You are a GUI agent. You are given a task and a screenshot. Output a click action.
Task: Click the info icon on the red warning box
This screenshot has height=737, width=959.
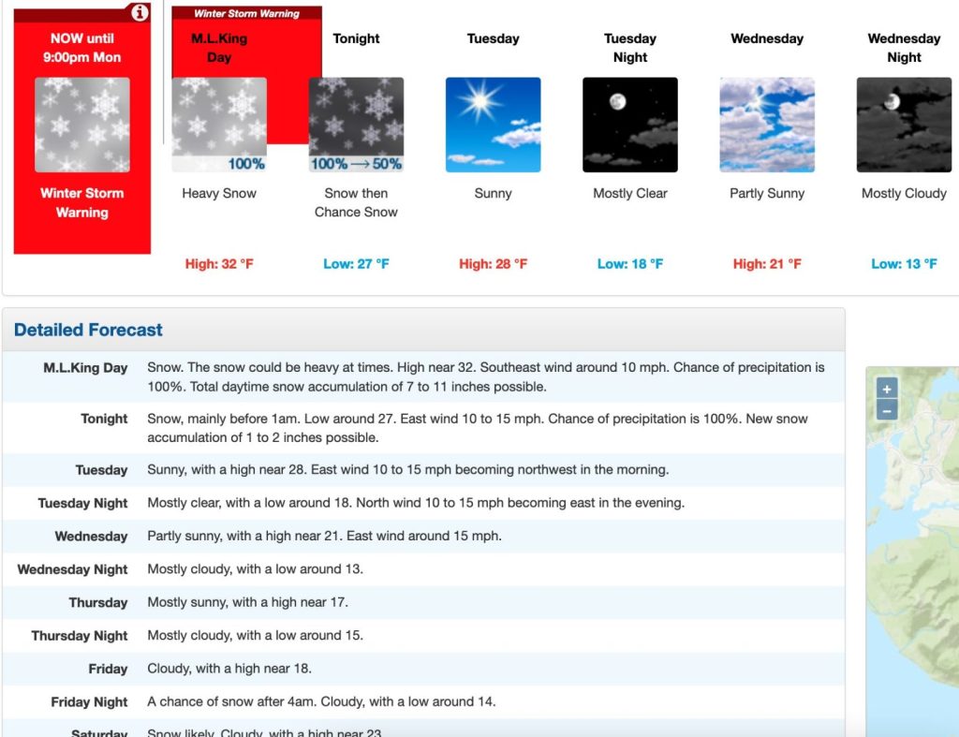pos(140,13)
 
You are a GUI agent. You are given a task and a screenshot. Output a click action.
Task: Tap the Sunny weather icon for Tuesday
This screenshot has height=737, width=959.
pos(493,125)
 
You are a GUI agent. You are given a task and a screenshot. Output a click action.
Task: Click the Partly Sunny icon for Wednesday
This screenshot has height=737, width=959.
pos(767,125)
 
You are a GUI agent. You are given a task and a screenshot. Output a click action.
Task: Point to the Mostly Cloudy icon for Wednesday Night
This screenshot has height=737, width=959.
pos(904,125)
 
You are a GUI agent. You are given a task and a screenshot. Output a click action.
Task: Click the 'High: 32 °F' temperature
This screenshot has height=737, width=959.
pos(219,264)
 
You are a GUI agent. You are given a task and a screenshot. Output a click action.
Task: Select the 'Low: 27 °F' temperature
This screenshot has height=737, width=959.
pos(356,264)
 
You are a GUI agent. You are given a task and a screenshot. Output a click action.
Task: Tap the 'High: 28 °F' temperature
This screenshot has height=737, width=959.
pos(493,264)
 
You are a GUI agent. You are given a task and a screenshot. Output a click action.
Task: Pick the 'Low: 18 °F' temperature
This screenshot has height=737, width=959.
pos(629,264)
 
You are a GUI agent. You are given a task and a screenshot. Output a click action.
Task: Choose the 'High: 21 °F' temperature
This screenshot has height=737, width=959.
pos(767,264)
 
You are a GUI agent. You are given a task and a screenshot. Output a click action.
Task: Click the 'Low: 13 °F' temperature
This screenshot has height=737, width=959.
pos(904,264)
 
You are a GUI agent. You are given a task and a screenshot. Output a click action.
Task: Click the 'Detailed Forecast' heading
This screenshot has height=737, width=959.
pos(88,330)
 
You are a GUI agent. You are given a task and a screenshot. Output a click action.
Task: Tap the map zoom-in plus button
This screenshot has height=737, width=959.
pos(887,388)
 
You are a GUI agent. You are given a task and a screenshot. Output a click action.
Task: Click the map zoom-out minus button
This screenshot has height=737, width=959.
pos(887,410)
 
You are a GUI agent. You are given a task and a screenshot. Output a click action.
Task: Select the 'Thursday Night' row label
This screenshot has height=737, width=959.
pos(80,636)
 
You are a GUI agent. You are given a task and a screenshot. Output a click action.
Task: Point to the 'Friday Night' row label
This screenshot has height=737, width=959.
pos(89,702)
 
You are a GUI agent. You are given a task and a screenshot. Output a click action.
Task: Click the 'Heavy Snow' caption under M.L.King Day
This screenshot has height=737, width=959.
pos(219,194)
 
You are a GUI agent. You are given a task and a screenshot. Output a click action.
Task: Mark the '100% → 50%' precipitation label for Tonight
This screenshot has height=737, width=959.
pos(356,164)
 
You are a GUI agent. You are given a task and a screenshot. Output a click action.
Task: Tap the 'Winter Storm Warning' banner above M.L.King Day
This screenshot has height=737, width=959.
pos(246,14)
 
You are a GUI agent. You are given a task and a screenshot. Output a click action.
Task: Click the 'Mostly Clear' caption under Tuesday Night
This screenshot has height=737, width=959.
pos(629,194)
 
